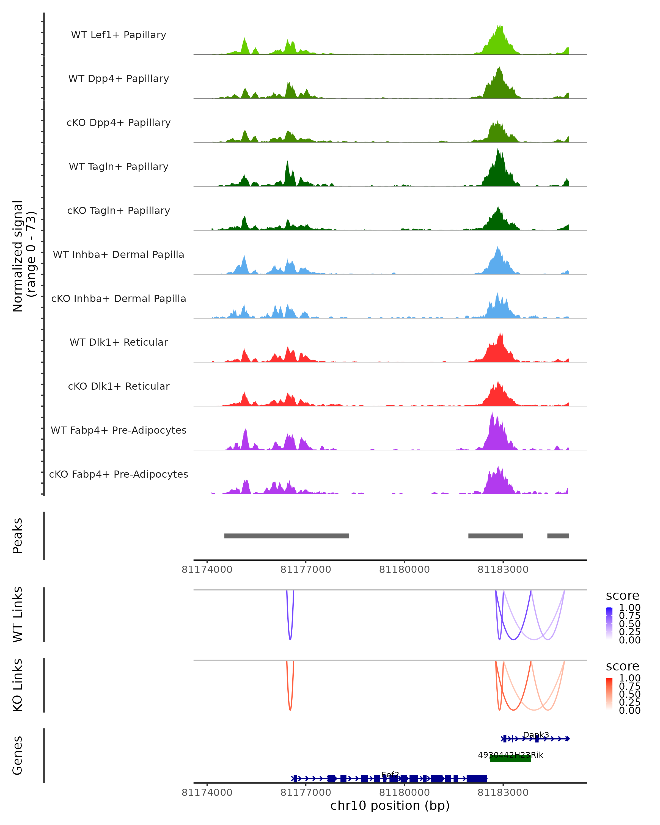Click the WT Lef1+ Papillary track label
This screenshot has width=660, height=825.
[119, 35]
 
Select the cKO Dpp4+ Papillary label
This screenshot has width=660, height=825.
[119, 123]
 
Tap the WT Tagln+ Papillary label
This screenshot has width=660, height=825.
[119, 167]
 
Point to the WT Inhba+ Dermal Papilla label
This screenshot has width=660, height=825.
[119, 255]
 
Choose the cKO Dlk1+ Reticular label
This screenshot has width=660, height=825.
[119, 386]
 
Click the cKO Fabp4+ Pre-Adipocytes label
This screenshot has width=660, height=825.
[119, 474]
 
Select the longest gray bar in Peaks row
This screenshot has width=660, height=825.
[287, 536]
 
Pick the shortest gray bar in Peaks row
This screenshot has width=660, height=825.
[558, 536]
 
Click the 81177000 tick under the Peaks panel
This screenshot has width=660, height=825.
[306, 570]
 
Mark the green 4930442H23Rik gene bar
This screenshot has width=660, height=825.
[510, 758]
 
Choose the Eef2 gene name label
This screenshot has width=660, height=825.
[390, 774]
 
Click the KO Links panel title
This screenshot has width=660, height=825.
[17, 685]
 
